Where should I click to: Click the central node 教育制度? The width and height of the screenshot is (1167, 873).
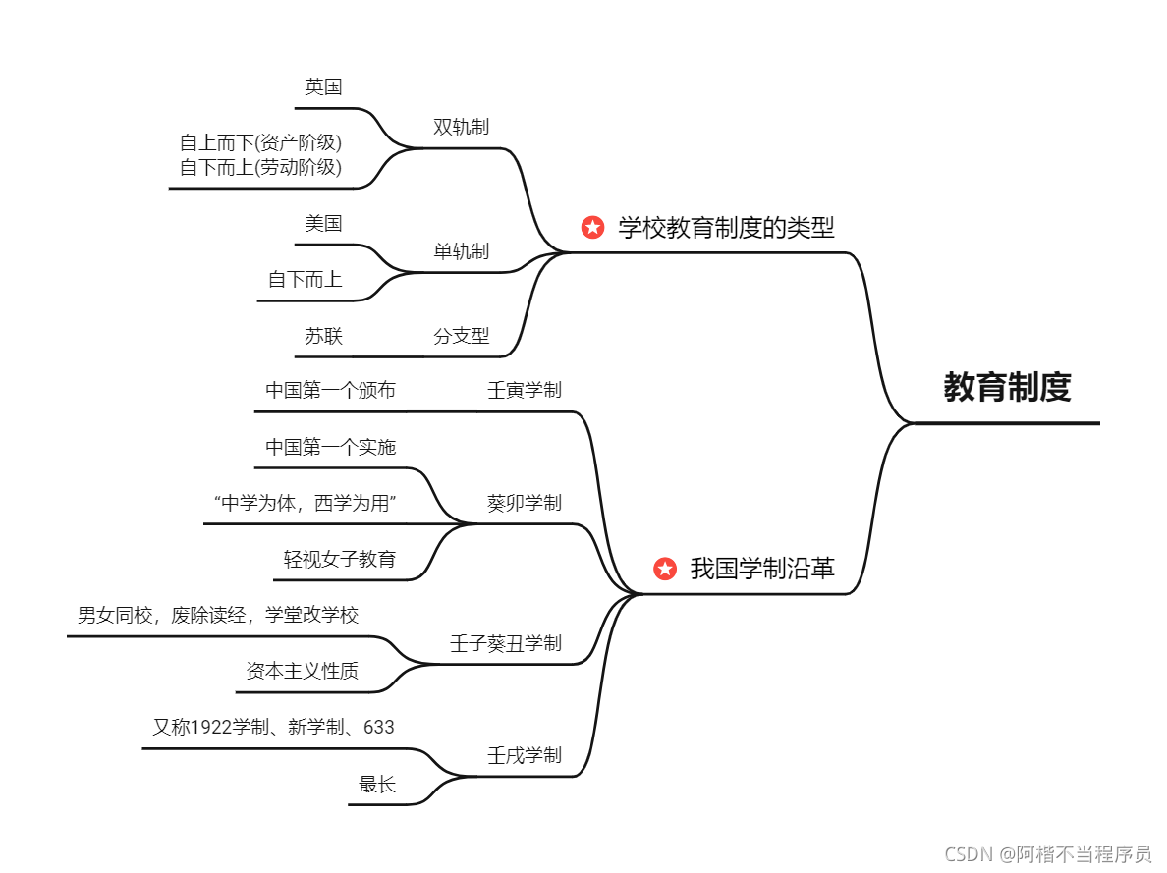tap(1006, 388)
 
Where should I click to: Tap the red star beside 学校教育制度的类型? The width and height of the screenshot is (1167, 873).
tap(592, 228)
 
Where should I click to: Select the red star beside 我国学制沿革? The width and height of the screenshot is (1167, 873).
tap(665, 569)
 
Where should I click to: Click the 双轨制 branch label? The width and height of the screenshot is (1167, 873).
tap(461, 127)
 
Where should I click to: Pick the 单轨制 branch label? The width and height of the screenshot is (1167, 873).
tap(461, 251)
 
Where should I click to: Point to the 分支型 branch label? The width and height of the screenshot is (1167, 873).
tap(461, 336)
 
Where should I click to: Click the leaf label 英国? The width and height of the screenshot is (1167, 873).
tap(323, 86)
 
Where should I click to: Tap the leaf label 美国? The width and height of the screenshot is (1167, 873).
tap(323, 223)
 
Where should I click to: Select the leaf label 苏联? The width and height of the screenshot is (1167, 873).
tap(323, 336)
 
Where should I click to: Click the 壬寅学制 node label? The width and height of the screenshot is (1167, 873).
tap(524, 390)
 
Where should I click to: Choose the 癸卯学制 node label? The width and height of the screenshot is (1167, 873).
tap(524, 503)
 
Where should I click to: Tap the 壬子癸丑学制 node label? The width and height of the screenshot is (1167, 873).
tap(505, 643)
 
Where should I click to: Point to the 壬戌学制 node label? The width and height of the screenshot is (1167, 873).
tap(524, 755)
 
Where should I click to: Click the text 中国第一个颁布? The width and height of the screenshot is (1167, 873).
tap(330, 390)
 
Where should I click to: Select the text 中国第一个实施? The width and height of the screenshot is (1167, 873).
tap(330, 447)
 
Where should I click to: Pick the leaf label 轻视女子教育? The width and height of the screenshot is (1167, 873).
tap(340, 560)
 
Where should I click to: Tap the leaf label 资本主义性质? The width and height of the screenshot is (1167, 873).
tap(302, 671)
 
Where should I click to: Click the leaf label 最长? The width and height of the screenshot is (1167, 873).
tap(377, 784)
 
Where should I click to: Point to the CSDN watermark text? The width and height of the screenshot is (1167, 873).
tap(1047, 854)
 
